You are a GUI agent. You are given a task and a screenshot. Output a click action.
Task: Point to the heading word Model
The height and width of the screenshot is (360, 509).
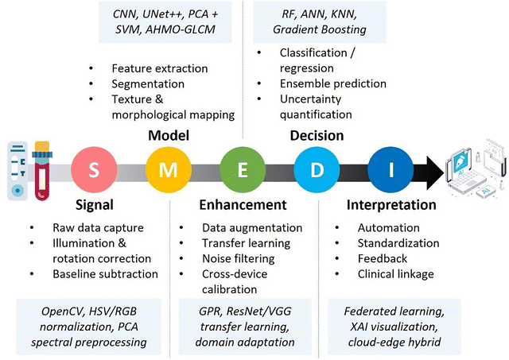coord(169,135)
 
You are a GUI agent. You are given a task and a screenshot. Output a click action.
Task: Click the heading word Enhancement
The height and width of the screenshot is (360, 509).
coord(239,206)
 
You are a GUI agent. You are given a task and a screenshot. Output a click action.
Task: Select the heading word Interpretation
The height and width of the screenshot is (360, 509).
coord(391,206)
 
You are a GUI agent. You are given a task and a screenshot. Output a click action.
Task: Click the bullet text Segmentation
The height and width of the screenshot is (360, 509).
coord(147,83)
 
